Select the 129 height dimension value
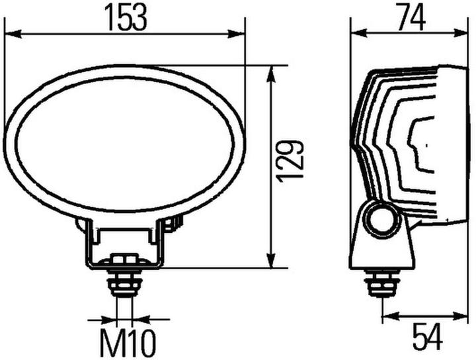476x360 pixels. pyautogui.click(x=292, y=160)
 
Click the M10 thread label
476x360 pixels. pyautogui.click(x=128, y=343)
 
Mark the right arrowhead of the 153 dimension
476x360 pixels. pyautogui.click(x=239, y=32)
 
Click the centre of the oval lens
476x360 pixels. pyautogui.click(x=124, y=142)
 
